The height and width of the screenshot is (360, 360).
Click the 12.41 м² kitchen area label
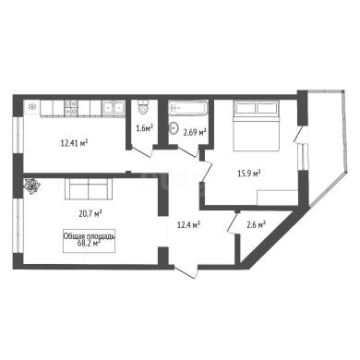(75, 143)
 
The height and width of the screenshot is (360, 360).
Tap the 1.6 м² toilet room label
(145, 128)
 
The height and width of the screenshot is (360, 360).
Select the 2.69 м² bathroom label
(195, 133)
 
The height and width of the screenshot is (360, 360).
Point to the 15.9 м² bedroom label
(249, 174)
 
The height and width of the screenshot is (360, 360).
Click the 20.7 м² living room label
(90, 213)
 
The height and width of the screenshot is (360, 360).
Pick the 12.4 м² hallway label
(188, 225)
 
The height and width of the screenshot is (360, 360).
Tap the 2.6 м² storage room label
(257, 225)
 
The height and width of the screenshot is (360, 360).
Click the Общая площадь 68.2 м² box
(90, 241)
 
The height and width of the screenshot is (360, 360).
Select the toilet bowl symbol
(143, 107)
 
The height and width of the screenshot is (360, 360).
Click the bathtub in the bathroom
(188, 108)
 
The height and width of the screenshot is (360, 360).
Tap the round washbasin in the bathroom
(174, 128)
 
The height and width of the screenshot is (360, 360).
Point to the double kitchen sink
(114, 107)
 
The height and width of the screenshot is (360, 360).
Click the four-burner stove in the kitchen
(71, 109)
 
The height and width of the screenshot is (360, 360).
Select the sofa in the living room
(89, 189)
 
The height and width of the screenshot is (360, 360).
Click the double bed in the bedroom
(257, 126)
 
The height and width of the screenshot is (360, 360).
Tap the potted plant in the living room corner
(32, 186)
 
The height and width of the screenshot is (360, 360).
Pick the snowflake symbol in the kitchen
(32, 107)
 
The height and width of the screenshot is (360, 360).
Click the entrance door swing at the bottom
(186, 271)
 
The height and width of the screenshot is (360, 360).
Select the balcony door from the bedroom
(298, 136)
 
